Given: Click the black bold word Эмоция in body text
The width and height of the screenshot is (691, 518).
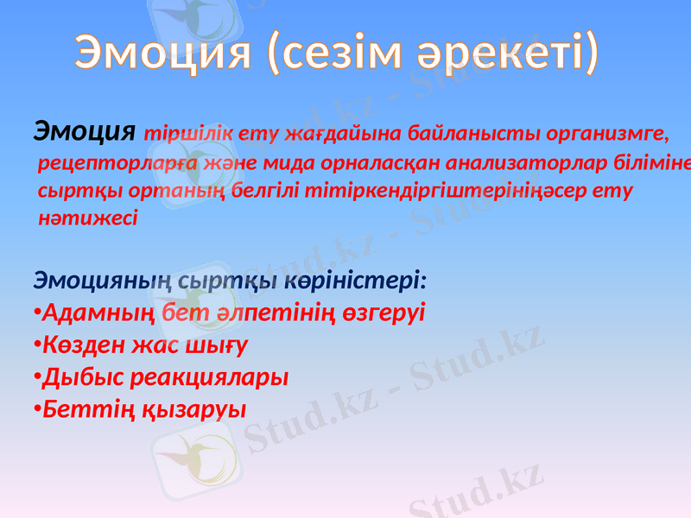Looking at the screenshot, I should pyautogui.click(x=85, y=131).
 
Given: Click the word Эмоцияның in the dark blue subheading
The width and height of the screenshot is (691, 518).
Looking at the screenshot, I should pyautogui.click(x=94, y=281).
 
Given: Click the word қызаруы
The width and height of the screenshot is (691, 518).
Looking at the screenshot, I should pyautogui.click(x=193, y=407).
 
